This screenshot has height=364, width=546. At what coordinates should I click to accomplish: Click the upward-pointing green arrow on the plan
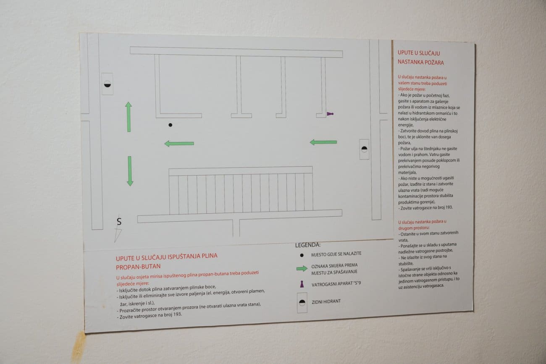(129, 117)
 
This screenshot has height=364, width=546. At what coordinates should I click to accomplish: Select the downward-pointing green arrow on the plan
(130, 171)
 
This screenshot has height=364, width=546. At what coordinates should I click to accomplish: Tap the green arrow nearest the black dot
(179, 144)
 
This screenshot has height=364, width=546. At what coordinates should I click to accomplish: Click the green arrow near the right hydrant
(323, 142)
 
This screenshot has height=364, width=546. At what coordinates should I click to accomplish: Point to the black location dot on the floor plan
(171, 125)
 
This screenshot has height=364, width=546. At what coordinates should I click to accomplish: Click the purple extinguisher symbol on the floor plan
(330, 114)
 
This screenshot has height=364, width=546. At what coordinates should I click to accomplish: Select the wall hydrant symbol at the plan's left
(107, 84)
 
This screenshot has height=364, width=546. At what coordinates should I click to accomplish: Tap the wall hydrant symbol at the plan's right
(364, 149)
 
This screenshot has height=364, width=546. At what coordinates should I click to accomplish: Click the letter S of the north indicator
(119, 222)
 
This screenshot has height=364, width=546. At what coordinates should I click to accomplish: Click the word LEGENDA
(307, 245)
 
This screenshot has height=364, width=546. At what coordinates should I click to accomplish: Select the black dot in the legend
(302, 255)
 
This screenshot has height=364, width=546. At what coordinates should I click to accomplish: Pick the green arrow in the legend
(302, 269)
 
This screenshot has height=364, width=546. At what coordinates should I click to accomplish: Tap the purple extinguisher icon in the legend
(302, 284)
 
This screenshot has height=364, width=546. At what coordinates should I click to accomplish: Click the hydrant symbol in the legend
(302, 303)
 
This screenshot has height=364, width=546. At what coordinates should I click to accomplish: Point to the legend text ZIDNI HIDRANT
(326, 301)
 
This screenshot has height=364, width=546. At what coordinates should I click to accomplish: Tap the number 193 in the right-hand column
(448, 207)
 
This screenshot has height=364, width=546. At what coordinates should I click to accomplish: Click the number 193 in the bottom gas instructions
(177, 314)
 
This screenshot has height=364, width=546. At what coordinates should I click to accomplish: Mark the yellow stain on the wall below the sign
(79, 347)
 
